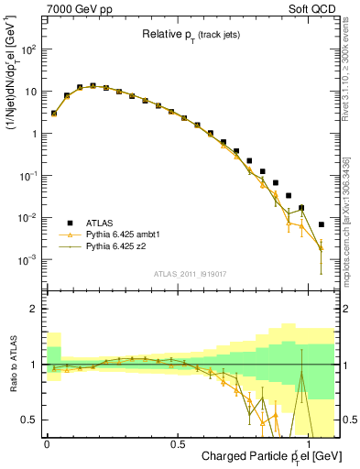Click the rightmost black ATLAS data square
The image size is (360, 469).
pyautogui.click(x=321, y=224)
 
